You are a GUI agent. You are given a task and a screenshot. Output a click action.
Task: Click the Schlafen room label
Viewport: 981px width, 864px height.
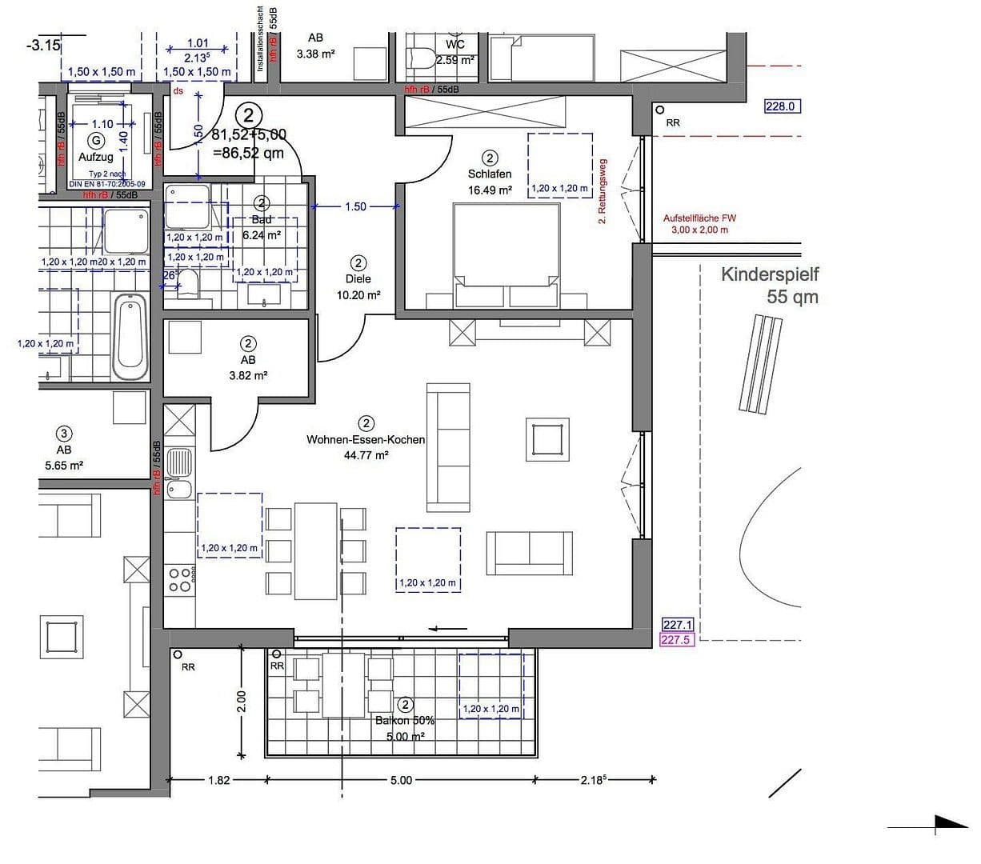pyautogui.click(x=489, y=174)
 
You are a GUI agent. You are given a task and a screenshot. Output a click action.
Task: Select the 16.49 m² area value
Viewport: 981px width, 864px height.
pyautogui.click(x=489, y=190)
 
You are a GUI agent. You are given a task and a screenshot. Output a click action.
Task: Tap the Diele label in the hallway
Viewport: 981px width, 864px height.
pyautogui.click(x=358, y=279)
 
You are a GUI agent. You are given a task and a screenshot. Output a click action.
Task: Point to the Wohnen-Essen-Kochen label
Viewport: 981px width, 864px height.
pyautogui.click(x=366, y=439)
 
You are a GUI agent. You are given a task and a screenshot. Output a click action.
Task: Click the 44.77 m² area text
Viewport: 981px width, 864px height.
pyautogui.click(x=366, y=455)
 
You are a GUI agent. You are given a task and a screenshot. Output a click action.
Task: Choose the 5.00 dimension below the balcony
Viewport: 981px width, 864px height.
pyautogui.click(x=401, y=780)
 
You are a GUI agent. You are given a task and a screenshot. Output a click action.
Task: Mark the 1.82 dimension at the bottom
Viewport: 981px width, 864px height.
pyautogui.click(x=218, y=780)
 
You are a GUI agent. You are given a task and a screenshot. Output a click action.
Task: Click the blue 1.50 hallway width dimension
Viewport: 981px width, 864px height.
pyautogui.click(x=355, y=206)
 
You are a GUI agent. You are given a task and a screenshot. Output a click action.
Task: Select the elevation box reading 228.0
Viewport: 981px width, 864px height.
pyautogui.click(x=783, y=106)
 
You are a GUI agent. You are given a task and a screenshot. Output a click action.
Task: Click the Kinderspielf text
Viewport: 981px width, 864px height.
pyautogui.click(x=770, y=274)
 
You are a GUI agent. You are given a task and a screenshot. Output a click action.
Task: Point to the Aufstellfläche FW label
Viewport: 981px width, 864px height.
pyautogui.click(x=699, y=218)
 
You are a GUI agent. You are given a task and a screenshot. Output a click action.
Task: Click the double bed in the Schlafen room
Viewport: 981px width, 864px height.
pyautogui.click(x=507, y=254)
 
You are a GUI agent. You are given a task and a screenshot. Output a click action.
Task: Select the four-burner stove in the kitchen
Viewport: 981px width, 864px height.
pyautogui.click(x=180, y=580)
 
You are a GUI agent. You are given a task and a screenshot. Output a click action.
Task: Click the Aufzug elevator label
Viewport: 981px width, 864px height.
pyautogui.click(x=95, y=157)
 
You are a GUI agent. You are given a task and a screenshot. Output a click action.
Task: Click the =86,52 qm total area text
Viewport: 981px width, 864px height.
pyautogui.click(x=248, y=153)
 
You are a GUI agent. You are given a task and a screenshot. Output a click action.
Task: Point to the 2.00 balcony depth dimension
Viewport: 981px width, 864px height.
pyautogui.click(x=242, y=702)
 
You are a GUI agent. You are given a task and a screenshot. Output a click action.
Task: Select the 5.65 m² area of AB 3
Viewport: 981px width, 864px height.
pyautogui.click(x=64, y=465)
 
